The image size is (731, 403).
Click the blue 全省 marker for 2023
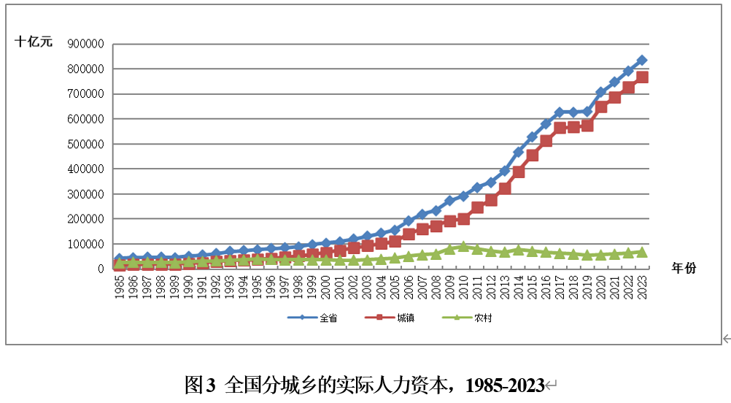(x=642, y=61)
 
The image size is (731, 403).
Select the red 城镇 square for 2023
(x=642, y=77)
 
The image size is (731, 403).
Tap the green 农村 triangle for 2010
(x=463, y=246)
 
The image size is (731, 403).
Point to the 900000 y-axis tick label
(x=85, y=44)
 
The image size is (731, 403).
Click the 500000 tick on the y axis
(x=85, y=144)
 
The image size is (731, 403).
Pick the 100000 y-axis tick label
(x=85, y=244)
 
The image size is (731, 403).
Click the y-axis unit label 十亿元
(x=34, y=42)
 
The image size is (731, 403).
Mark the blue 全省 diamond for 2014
(x=519, y=152)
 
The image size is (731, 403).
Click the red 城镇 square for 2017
(x=560, y=128)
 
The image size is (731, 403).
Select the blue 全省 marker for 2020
(x=601, y=93)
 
